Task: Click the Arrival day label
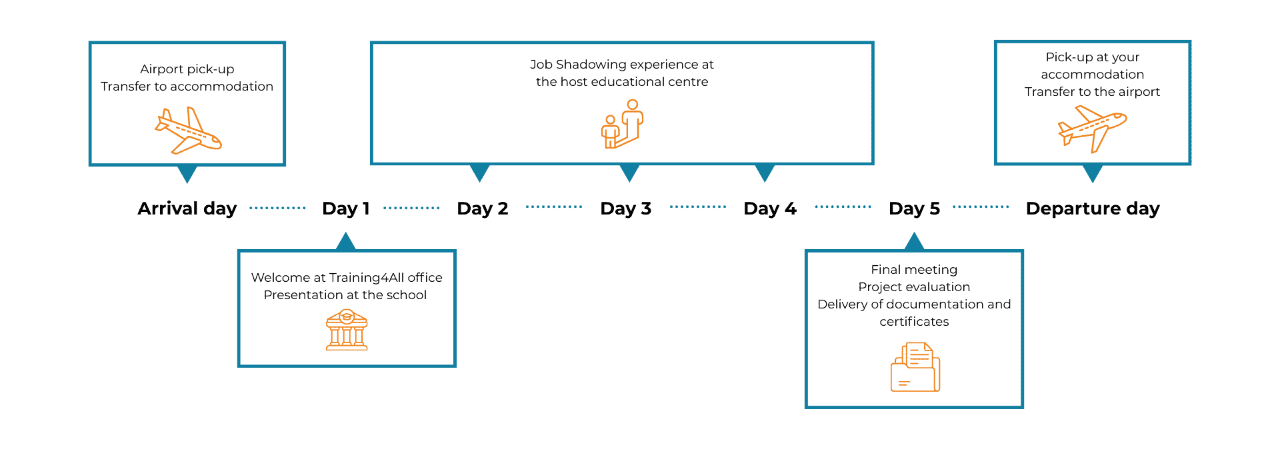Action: [x=187, y=209]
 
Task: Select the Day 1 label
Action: [x=346, y=209]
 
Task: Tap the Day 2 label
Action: [x=483, y=209]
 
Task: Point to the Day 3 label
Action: [x=625, y=209]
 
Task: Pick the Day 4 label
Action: [x=770, y=209]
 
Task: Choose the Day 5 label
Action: [x=915, y=209]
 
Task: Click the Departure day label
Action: [x=1093, y=209]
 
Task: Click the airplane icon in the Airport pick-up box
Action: [x=188, y=131]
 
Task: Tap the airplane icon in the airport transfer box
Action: [x=1092, y=129]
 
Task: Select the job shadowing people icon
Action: [x=622, y=124]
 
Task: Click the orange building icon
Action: [x=347, y=330]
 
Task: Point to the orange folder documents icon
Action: [x=915, y=367]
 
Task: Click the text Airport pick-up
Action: [x=187, y=69]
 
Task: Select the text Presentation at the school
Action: [x=345, y=295]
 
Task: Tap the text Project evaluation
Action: [x=914, y=287]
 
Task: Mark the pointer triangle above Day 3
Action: [x=629, y=173]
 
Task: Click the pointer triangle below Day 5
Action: [x=914, y=242]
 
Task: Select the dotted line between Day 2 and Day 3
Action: [x=554, y=207]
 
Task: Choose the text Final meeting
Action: [x=914, y=270]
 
